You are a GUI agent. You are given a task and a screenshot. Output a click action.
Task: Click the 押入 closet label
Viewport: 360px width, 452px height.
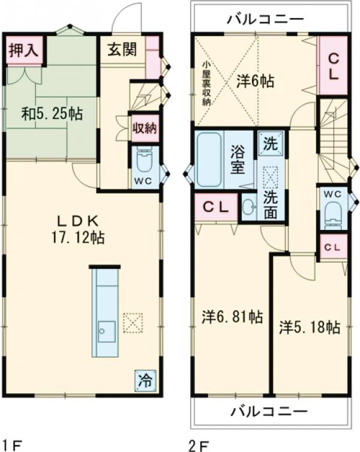pos(23,50)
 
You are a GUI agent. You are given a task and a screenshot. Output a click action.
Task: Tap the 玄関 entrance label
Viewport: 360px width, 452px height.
pos(122,49)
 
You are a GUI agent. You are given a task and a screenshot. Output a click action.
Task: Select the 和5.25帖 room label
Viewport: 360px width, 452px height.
pos(52,114)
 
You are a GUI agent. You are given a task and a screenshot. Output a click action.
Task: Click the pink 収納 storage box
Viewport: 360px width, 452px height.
pos(145,128)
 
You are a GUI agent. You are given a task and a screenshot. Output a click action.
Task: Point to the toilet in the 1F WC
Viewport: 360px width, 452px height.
pos(144,161)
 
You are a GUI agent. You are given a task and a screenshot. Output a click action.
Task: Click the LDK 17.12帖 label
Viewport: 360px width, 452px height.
pos(78,230)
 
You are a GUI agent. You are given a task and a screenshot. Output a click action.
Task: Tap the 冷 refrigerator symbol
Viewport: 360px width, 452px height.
pos(146,381)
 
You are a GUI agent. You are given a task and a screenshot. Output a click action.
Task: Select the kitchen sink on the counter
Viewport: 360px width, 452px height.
pos(107,331)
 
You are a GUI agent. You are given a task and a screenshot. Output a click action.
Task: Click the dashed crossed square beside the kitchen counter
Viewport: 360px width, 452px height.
pos(133,323)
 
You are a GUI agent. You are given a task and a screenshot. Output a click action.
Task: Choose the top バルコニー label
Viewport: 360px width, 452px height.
pos(265,19)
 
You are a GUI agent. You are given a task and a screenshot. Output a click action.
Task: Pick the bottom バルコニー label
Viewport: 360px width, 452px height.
pos(269,411)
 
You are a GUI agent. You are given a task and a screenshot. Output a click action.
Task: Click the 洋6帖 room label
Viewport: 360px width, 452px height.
pos(255,81)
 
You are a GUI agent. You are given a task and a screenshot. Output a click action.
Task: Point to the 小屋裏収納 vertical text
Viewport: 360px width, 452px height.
pos(206,83)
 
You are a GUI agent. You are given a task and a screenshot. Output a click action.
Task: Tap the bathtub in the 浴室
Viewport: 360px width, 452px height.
pos(209,159)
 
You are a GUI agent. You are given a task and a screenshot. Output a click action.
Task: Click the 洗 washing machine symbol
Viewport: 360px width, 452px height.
pos(271,144)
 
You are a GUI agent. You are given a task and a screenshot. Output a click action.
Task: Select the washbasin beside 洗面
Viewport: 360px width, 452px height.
pos(248,206)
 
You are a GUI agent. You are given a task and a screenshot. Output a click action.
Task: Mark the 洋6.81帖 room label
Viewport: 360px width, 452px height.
pos(232,317)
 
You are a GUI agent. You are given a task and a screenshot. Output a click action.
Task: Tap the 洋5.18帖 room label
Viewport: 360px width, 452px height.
pos(309,327)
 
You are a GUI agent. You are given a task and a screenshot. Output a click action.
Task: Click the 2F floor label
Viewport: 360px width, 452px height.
pos(199,446)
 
